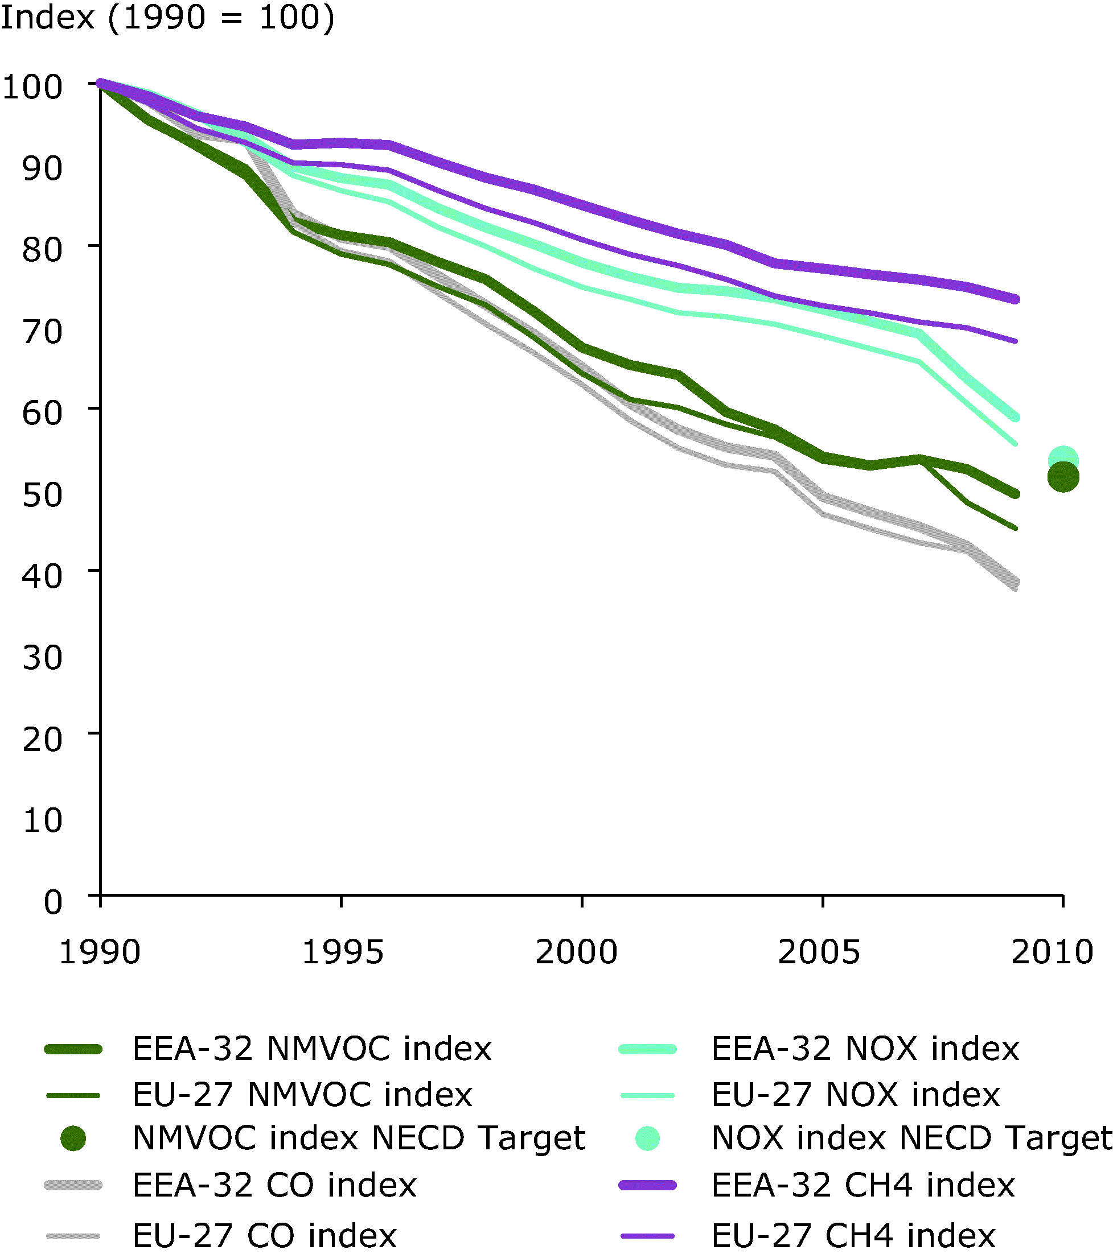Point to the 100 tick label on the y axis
(x=32, y=87)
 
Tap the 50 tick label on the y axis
(x=42, y=494)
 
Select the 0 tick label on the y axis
(x=53, y=902)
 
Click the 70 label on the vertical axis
(x=42, y=332)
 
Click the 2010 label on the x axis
(x=1052, y=952)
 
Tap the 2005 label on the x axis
(x=819, y=952)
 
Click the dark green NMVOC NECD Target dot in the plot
(x=1063, y=477)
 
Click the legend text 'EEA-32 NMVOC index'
(x=312, y=1049)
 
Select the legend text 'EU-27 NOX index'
(x=856, y=1095)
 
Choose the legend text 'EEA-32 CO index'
(x=274, y=1185)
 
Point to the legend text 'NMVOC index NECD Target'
(x=359, y=1138)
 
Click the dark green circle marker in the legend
(x=73, y=1138)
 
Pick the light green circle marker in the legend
(x=648, y=1138)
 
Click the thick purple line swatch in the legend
(x=648, y=1185)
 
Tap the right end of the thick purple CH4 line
(x=1016, y=299)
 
